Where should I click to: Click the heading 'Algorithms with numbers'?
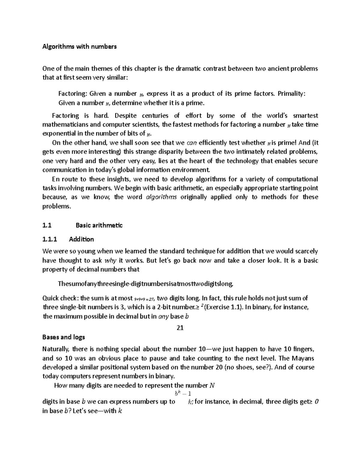click(79, 47)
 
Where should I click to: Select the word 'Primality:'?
click(292, 94)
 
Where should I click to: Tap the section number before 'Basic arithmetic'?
click(47, 225)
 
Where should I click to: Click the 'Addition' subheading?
click(81, 239)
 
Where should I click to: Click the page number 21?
click(180, 328)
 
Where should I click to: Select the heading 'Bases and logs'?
click(64, 337)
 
